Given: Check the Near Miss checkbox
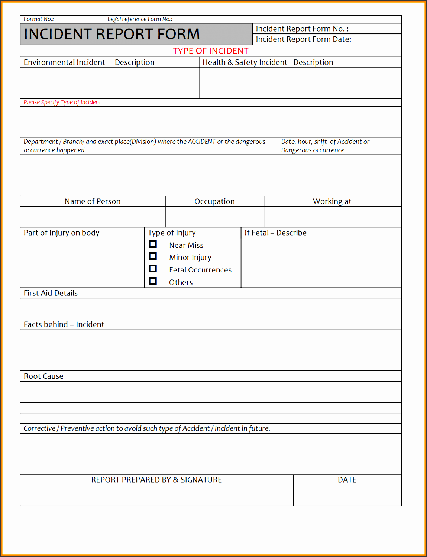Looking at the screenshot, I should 153,244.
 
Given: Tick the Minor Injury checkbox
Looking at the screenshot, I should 153,256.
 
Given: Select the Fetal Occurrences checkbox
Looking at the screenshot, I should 153,269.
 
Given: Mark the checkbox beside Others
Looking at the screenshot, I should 153,281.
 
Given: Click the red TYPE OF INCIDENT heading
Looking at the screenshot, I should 211,51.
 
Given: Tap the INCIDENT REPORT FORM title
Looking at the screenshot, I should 112,34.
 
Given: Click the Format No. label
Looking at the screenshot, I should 39,19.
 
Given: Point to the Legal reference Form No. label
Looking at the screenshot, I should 140,19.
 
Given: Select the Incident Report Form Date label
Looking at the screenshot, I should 303,39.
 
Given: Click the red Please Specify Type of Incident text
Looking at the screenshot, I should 62,102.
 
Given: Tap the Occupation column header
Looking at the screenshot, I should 214,201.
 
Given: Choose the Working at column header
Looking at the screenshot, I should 332,201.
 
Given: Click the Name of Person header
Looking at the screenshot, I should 93,201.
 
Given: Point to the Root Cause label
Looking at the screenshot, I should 43,376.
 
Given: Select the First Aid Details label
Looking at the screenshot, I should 51,293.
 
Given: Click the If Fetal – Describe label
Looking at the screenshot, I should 275,233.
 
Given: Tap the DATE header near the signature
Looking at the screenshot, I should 347,480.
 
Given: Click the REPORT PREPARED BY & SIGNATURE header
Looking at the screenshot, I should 156,480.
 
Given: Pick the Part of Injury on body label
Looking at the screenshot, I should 62,233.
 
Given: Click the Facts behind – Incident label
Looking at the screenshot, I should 64,324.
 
